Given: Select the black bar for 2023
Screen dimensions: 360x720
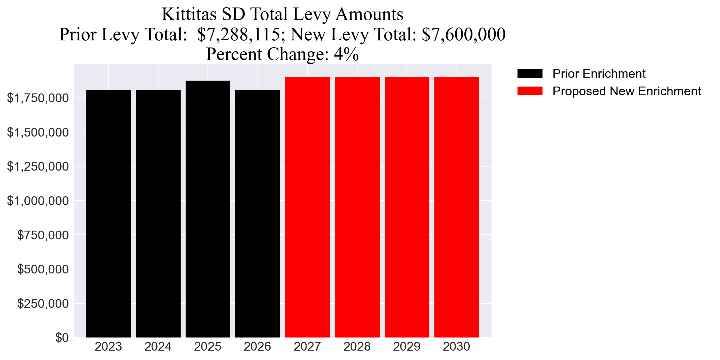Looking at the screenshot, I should pos(108,214).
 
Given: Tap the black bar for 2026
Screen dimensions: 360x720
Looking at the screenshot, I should pos(257,214).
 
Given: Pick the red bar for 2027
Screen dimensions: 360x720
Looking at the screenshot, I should pos(307,207).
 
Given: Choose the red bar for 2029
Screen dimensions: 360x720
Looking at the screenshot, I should pos(407,207).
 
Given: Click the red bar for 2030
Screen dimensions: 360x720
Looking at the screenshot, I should pos(457,207).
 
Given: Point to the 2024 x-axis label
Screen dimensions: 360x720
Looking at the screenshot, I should pos(158,347).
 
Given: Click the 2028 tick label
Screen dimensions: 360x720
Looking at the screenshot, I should pos(357,347).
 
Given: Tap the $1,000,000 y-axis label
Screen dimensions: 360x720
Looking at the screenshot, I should pos(38,201).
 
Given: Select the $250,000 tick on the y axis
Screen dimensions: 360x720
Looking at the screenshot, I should pos(43,303).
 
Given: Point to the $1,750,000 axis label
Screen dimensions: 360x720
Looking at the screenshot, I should pos(38,98).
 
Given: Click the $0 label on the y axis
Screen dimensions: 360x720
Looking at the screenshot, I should pos(62,337).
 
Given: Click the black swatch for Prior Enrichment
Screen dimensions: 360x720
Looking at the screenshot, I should pos(530,74).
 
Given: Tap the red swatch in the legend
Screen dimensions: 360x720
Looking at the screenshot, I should pos(530,91).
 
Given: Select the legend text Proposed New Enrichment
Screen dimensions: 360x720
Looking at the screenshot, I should pos(627,91).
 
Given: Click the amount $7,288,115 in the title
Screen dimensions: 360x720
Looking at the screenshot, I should pos(239,34).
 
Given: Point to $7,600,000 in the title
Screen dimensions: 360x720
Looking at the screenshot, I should pos(463,34).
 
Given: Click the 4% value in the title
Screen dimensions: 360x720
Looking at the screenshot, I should pos(346,54).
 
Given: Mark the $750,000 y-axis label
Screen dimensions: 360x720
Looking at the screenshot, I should pos(43,235).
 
